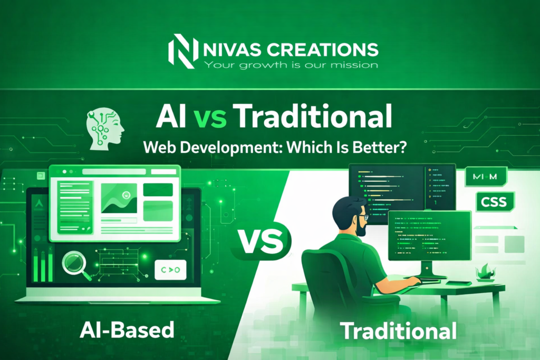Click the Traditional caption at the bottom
398,331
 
